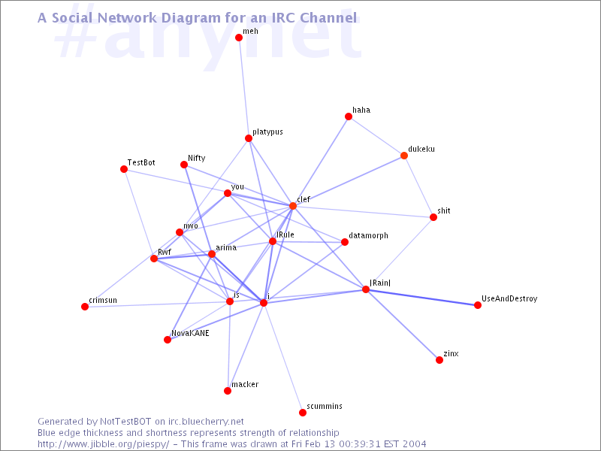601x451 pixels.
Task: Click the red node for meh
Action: (238, 37)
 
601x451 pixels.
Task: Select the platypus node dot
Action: (248, 138)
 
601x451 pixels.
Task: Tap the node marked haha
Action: (349, 117)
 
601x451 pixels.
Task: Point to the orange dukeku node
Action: (404, 156)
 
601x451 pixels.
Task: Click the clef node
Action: (293, 206)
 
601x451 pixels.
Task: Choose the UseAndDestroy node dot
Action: (478, 305)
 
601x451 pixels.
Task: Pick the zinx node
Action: (439, 360)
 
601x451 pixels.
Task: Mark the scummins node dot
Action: (303, 413)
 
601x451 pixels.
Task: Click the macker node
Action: (228, 391)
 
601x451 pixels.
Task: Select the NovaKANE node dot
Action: (168, 340)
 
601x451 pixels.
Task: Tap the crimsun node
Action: (85, 307)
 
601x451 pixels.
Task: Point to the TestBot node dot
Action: (124, 169)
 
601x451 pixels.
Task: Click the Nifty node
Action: (184, 165)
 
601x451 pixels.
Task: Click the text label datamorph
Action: (369, 236)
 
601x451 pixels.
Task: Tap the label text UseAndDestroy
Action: (509, 299)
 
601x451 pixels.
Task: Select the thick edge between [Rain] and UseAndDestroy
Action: (421, 297)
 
